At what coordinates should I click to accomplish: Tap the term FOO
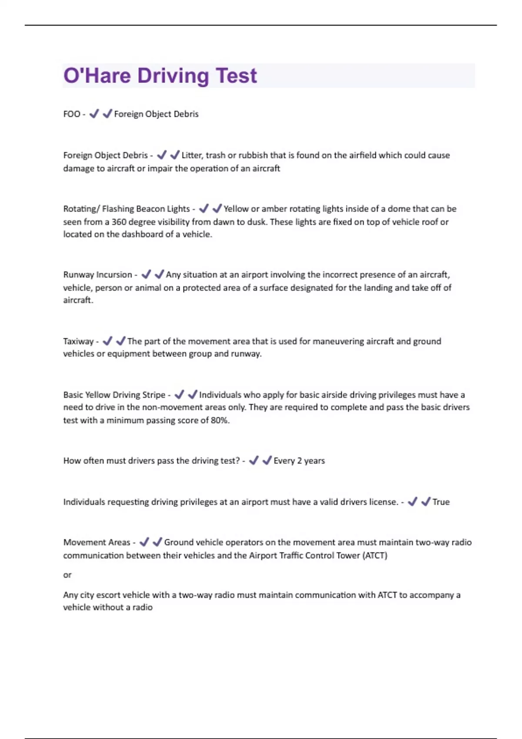pos(72,114)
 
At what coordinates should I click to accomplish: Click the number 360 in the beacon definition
pos(119,222)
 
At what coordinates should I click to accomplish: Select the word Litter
pos(191,156)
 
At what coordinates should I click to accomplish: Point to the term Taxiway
pos(78,342)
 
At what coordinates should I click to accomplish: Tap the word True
pos(441,502)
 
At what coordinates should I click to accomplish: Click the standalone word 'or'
pos(67,575)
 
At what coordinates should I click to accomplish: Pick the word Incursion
pos(114,275)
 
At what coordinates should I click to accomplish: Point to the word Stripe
pos(154,395)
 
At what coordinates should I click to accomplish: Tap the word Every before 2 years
pos(284,461)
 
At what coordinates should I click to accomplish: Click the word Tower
pos(347,556)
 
